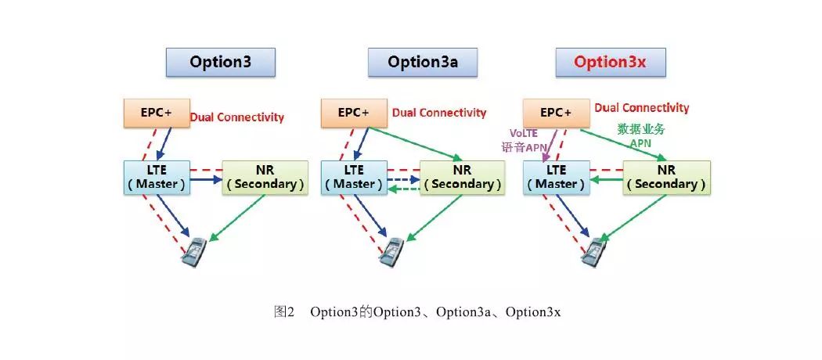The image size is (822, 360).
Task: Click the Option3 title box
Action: [x=220, y=62]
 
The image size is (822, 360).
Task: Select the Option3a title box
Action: [x=423, y=62]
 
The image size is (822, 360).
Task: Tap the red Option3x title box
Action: [x=610, y=62]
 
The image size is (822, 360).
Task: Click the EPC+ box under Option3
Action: [x=157, y=113]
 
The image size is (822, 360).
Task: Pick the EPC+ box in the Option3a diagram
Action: [x=354, y=113]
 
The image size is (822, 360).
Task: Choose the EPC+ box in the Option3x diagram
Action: [x=556, y=113]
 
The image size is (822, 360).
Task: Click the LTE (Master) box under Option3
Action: [x=157, y=177]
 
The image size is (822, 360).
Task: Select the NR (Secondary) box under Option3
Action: [x=265, y=177]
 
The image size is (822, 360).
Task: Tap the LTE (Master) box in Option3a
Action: [x=354, y=177]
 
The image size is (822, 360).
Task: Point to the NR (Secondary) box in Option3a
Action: [x=462, y=177]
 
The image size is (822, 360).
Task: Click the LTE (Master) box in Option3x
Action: [x=556, y=177]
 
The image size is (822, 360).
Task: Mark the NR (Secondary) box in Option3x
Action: [x=666, y=177]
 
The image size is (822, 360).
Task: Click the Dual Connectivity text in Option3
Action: [x=237, y=117]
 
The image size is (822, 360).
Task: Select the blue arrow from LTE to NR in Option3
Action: [x=206, y=179]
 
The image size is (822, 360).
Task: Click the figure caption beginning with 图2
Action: [x=417, y=312]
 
